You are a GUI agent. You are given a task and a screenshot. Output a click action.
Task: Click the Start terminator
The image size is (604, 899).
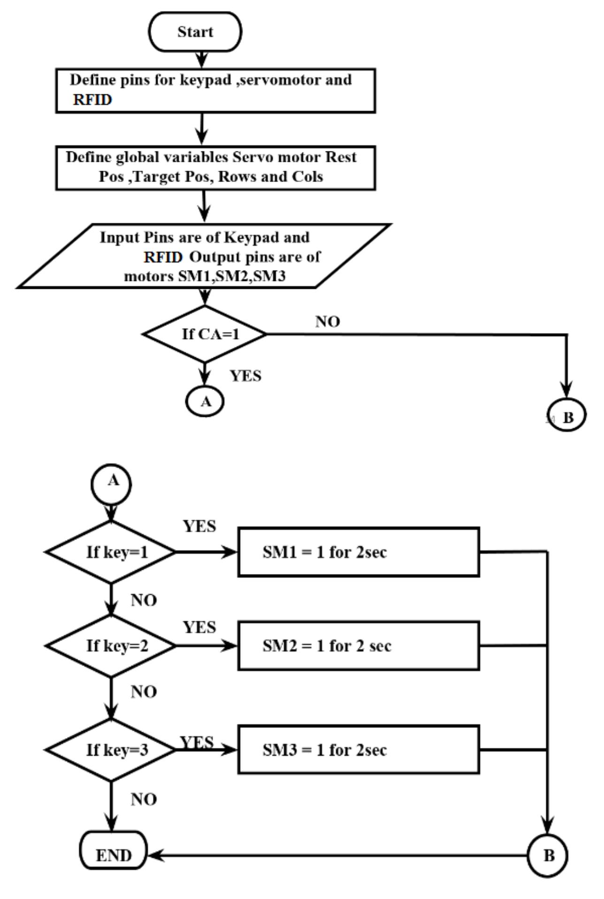click(x=195, y=32)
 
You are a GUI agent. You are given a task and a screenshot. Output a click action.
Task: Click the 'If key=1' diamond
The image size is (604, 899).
click(x=111, y=552)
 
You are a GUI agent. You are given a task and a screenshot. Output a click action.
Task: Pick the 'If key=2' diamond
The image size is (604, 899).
click(x=111, y=646)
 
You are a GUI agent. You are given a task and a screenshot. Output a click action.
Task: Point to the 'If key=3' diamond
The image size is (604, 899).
click(x=111, y=749)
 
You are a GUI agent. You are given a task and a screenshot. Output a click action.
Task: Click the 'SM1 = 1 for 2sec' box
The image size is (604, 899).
click(x=359, y=552)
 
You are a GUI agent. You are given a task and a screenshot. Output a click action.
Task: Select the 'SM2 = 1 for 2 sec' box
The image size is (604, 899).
click(x=359, y=646)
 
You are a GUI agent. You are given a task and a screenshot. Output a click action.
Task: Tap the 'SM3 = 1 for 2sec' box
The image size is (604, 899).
click(x=359, y=749)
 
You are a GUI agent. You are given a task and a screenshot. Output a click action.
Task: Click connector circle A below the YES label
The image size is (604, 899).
click(x=205, y=402)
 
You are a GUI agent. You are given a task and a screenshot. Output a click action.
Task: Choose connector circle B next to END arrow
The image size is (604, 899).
click(x=548, y=855)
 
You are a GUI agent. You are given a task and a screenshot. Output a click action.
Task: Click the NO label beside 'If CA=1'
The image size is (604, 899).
click(x=328, y=322)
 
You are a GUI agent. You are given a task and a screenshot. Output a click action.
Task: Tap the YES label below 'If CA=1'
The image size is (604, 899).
click(x=245, y=376)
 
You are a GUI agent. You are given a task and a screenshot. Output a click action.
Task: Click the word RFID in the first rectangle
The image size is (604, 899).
click(x=92, y=100)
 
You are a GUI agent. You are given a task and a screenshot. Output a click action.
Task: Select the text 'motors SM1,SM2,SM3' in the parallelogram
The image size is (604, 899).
click(x=205, y=276)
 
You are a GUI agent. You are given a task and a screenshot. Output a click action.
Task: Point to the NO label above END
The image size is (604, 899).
click(x=144, y=799)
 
